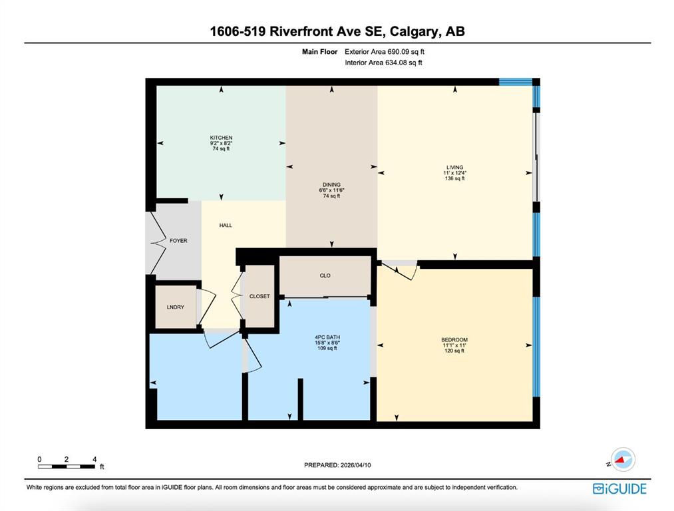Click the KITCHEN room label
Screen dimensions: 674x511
[221, 138]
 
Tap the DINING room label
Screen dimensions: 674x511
[331, 185]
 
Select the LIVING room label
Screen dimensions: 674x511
[455, 167]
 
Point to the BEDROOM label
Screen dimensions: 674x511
[454, 339]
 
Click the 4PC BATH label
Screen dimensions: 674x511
[327, 337]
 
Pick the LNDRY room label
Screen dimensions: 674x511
[176, 307]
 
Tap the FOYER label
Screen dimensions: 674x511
[178, 241]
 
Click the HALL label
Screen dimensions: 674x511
[226, 225]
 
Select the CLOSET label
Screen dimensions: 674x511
[259, 296]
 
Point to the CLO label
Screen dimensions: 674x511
[325, 275]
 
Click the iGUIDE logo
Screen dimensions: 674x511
[619, 488]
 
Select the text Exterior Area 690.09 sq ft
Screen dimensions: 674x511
[385, 52]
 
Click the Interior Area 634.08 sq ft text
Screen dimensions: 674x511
[383, 63]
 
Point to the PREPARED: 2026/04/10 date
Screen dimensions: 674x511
[337, 465]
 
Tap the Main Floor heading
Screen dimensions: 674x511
[319, 52]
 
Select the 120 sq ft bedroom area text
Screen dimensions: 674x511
[454, 351]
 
